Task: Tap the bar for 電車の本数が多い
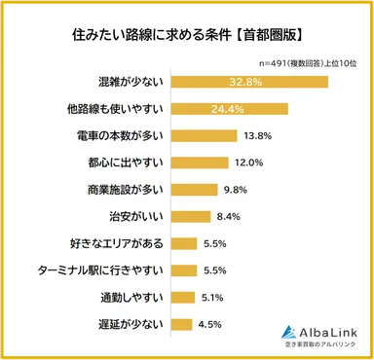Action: (198, 135)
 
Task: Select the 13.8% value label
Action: (256, 135)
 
